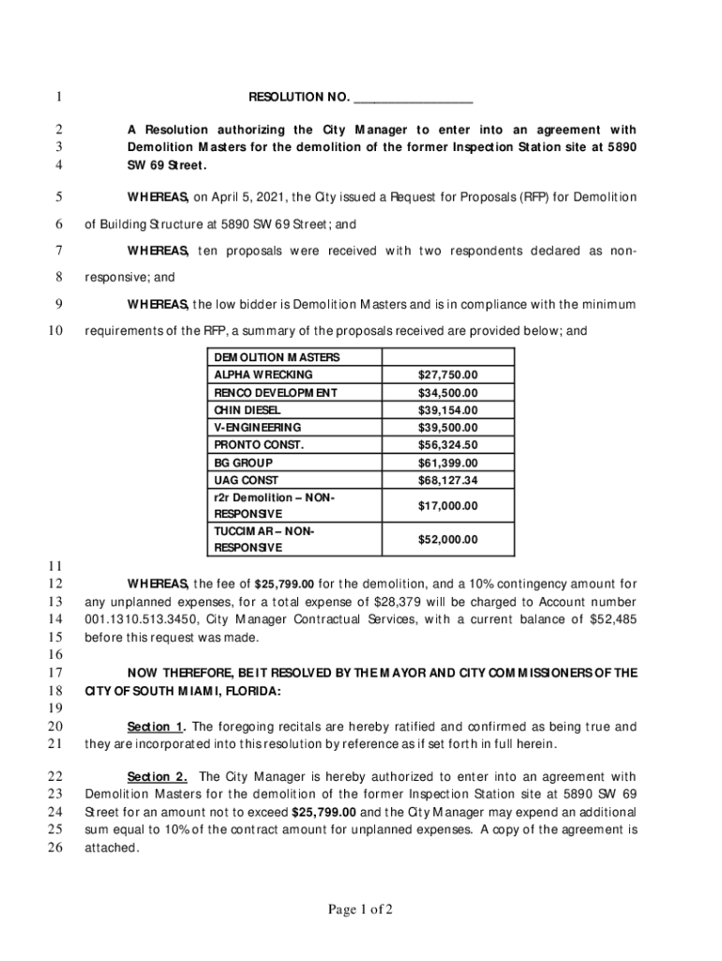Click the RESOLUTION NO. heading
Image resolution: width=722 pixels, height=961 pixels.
coord(299,98)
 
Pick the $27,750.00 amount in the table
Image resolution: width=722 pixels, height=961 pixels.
coord(447,374)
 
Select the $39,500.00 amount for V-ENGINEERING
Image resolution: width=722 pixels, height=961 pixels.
coord(447,427)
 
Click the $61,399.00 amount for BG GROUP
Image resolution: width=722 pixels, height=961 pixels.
coord(447,463)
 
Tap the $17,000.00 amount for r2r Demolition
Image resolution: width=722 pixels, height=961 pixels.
coord(447,506)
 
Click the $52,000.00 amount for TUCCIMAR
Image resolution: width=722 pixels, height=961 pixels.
coord(447,540)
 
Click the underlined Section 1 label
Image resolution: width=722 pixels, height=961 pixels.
coord(155,727)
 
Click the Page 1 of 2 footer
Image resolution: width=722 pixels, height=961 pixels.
coord(360,909)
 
